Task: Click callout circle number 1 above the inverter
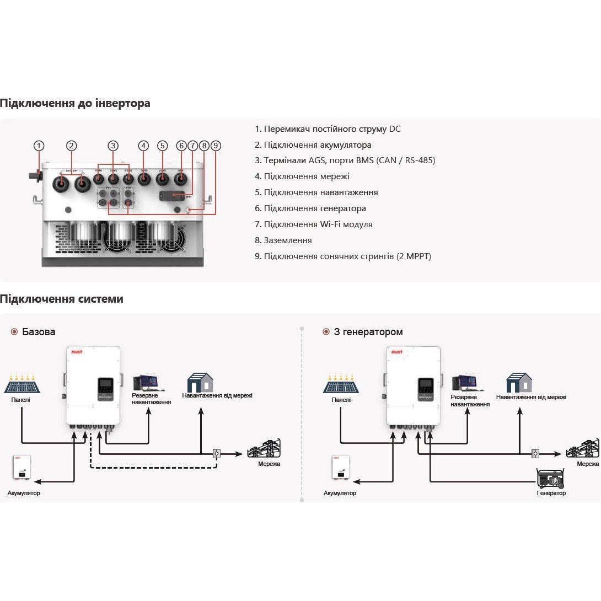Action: pyautogui.click(x=39, y=146)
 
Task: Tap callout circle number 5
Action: pyautogui.click(x=162, y=146)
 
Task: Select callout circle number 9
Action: pyautogui.click(x=216, y=146)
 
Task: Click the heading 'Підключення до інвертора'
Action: pyautogui.click(x=75, y=103)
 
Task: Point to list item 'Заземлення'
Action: pyautogui.click(x=287, y=240)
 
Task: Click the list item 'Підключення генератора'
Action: pyautogui.click(x=314, y=208)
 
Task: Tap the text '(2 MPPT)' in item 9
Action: pyautogui.click(x=414, y=256)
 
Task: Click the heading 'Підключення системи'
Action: pyautogui.click(x=62, y=299)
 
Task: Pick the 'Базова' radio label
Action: pyautogui.click(x=39, y=332)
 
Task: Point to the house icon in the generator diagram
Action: pyautogui.click(x=519, y=383)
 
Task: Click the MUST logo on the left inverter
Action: pyautogui.click(x=76, y=351)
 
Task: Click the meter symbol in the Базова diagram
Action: pyautogui.click(x=217, y=454)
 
